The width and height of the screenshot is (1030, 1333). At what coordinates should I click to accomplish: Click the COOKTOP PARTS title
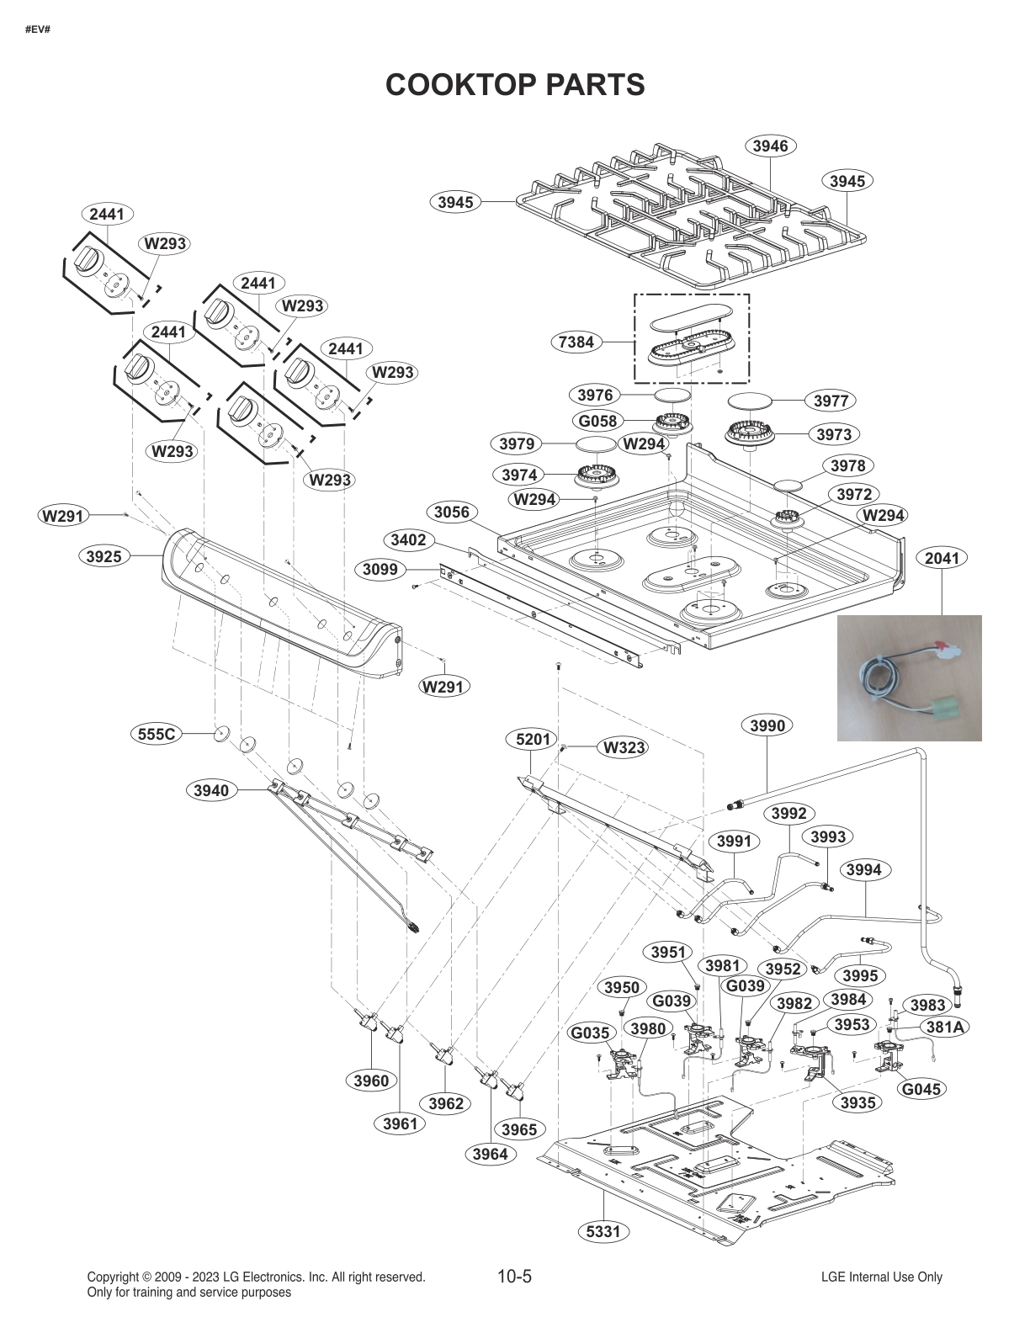(x=514, y=84)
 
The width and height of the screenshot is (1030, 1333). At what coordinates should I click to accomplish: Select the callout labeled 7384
(x=576, y=342)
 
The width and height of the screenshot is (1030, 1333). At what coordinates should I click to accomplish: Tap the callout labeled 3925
(x=104, y=555)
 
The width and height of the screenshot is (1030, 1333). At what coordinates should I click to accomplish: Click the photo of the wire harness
(x=909, y=677)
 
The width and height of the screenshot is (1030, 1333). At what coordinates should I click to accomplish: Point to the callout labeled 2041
(x=942, y=558)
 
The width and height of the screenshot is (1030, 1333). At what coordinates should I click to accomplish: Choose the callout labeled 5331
(x=603, y=1232)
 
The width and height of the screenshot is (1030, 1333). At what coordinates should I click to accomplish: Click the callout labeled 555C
(x=157, y=734)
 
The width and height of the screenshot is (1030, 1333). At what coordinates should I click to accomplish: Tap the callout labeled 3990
(x=767, y=725)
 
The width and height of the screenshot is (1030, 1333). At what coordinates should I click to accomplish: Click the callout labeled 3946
(x=770, y=146)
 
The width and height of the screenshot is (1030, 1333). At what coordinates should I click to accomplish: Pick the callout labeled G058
(x=597, y=421)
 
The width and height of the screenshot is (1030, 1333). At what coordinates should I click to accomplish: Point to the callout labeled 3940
(x=210, y=790)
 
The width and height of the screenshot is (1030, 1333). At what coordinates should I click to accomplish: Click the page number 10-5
(x=514, y=1276)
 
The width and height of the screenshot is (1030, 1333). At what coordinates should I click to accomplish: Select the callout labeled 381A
(x=945, y=1027)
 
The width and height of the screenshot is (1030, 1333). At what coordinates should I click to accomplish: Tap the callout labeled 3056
(x=452, y=512)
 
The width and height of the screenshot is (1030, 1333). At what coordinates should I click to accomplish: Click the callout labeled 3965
(x=518, y=1129)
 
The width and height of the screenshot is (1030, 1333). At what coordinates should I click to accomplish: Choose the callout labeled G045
(x=921, y=1089)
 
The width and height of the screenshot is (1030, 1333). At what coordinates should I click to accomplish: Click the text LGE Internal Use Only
(x=881, y=1277)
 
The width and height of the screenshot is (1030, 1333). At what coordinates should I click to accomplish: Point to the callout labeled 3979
(x=516, y=443)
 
